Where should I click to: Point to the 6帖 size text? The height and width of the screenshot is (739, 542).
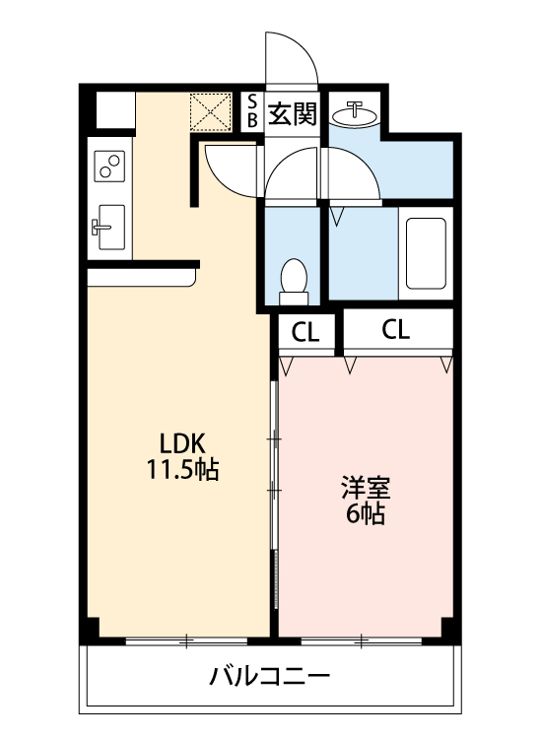pyautogui.click(x=365, y=513)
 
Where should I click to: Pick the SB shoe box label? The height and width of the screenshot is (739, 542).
pyautogui.click(x=251, y=111)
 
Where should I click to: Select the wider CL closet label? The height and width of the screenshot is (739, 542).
pyautogui.click(x=395, y=330)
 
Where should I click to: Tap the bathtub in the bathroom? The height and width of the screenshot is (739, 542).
pyautogui.click(x=426, y=253)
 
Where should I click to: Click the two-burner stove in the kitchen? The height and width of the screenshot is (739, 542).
pyautogui.click(x=109, y=166)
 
